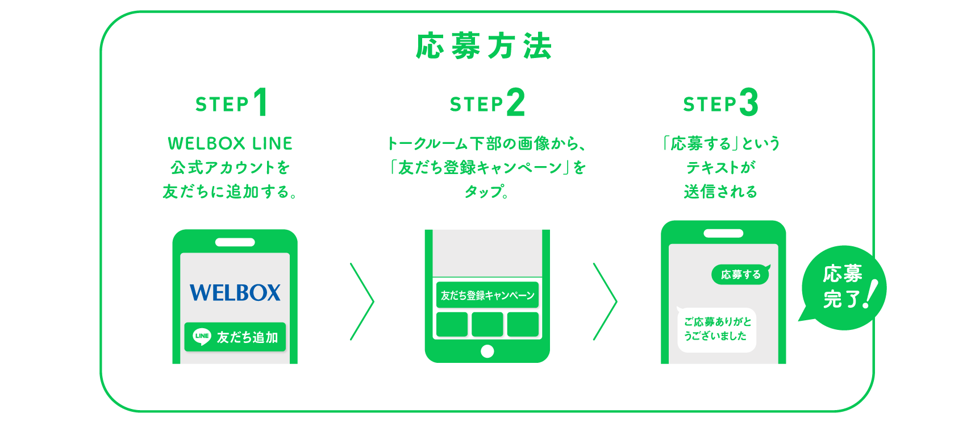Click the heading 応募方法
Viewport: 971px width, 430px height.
pyautogui.click(x=484, y=46)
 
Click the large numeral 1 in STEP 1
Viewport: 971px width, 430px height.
pyautogui.click(x=261, y=102)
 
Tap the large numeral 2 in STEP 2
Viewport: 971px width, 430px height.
pyautogui.click(x=515, y=102)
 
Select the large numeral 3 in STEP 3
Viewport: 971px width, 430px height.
pyautogui.click(x=749, y=102)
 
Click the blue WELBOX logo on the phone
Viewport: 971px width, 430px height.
pyautogui.click(x=235, y=293)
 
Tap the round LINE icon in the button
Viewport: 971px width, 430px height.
pyautogui.click(x=202, y=337)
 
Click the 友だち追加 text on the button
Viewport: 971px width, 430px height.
pyautogui.click(x=247, y=337)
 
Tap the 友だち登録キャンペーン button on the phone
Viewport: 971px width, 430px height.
pyautogui.click(x=487, y=295)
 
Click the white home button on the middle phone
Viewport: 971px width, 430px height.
pyautogui.click(x=487, y=351)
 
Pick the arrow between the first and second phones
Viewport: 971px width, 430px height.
pyautogui.click(x=362, y=301)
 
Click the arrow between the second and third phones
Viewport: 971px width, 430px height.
pyautogui.click(x=605, y=301)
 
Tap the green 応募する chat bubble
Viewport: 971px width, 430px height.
pyautogui.click(x=740, y=275)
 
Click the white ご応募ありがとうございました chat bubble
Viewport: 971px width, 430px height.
pyautogui.click(x=716, y=329)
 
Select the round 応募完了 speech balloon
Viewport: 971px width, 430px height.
pyautogui.click(x=844, y=288)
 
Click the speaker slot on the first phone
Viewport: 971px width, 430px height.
pyautogui.click(x=235, y=242)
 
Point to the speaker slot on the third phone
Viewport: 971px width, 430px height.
pyautogui.click(x=723, y=233)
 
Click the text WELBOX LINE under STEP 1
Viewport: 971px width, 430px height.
pyautogui.click(x=230, y=143)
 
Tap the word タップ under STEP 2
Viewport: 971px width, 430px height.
pyautogui.click(x=486, y=192)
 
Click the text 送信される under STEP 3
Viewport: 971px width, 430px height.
pyautogui.click(x=720, y=192)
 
